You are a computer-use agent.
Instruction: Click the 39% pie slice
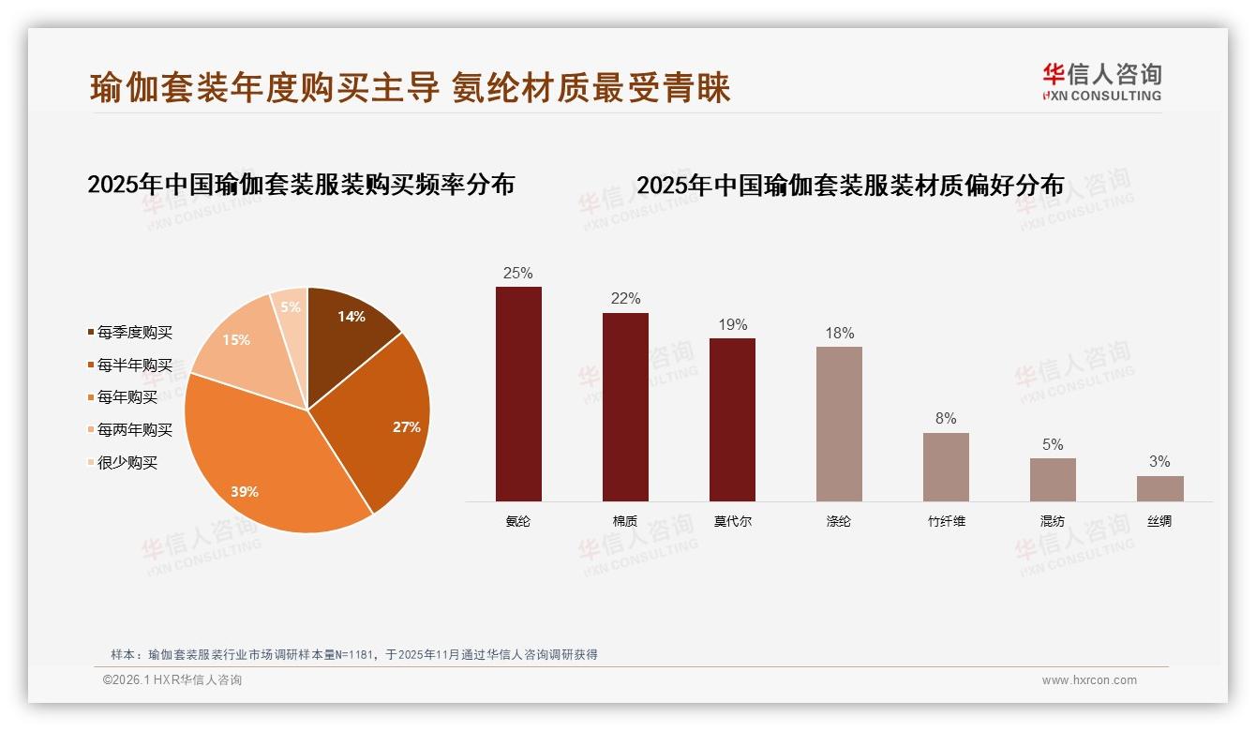(x=272, y=459)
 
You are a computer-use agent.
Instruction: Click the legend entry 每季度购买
(x=135, y=333)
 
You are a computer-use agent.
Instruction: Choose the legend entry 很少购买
(x=127, y=462)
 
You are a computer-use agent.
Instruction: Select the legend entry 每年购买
(x=127, y=397)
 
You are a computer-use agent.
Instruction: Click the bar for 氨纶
(x=518, y=394)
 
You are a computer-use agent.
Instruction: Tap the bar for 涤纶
(x=839, y=424)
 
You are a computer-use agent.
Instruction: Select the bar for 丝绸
(x=1159, y=488)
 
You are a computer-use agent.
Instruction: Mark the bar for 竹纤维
(x=946, y=467)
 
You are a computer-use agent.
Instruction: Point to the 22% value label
(x=625, y=299)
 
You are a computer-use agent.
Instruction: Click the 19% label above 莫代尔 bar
(x=732, y=325)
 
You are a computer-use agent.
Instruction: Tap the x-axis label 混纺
(x=1053, y=521)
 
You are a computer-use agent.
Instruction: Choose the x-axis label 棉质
(x=625, y=521)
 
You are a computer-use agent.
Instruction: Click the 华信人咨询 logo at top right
(x=1101, y=82)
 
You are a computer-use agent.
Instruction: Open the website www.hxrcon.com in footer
(x=1089, y=680)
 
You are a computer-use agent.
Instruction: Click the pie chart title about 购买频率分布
(x=301, y=185)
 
